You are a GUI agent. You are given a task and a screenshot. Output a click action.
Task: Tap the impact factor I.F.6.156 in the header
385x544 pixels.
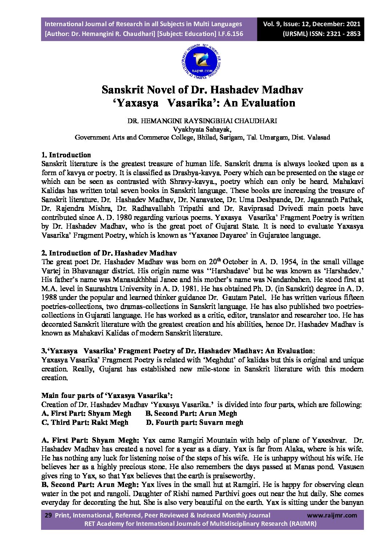coord(230,34)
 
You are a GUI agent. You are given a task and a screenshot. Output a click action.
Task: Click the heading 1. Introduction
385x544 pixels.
coord(66,155)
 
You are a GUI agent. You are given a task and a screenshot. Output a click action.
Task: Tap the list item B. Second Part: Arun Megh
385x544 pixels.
coord(191,413)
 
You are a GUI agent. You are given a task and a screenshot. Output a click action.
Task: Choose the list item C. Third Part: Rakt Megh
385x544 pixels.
coord(85,422)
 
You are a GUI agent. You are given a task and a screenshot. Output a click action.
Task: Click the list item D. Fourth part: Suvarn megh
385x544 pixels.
coord(194,422)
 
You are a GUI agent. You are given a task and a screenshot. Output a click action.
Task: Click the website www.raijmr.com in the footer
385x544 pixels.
coord(332,515)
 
